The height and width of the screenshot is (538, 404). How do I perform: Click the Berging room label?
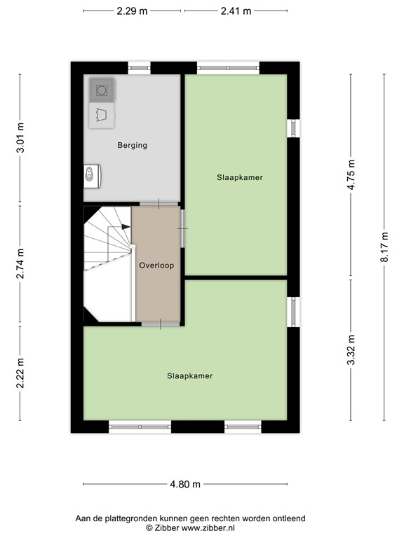coord(132,146)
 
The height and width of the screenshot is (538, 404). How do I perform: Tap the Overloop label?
coord(156,265)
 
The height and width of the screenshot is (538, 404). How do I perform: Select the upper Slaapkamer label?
coord(240,178)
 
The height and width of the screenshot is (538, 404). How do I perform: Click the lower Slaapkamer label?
coord(189,376)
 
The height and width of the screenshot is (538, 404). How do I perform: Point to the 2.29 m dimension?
coord(132,11)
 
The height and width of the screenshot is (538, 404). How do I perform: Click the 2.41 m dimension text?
coord(236,11)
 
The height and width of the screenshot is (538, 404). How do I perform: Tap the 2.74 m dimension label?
coord(20,263)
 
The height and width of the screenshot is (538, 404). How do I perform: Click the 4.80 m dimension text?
coord(185,484)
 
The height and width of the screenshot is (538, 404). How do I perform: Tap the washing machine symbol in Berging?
coord(102,90)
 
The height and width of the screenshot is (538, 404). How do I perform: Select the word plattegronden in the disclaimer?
coord(131,518)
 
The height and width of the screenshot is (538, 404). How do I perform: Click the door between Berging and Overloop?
coord(159,204)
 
